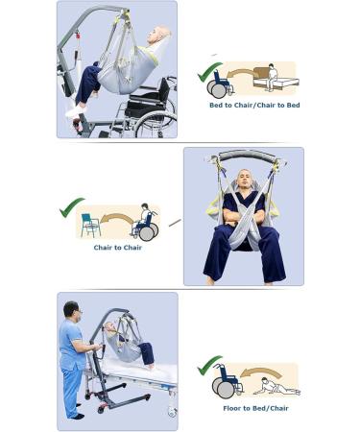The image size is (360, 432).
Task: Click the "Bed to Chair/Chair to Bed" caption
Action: point(254,105)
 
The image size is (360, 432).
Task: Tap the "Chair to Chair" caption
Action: point(118,248)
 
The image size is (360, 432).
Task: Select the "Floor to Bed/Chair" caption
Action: point(255,408)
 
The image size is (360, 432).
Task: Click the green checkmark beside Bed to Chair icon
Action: point(208,72)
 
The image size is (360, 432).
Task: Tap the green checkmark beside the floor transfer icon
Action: point(208,366)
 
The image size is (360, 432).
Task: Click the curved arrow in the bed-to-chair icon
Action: point(240,74)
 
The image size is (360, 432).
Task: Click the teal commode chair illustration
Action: point(89,225)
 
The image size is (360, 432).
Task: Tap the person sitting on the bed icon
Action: point(272,77)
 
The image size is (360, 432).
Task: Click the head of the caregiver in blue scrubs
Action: point(71,310)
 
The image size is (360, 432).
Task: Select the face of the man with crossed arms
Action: point(245,180)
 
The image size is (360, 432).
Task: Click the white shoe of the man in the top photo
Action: point(76,110)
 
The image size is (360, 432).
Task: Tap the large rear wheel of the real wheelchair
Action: point(156,124)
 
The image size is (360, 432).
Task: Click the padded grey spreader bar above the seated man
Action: point(247,156)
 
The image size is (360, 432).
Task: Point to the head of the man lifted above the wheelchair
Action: point(159,36)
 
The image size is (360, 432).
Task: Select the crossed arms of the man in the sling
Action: point(245,218)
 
